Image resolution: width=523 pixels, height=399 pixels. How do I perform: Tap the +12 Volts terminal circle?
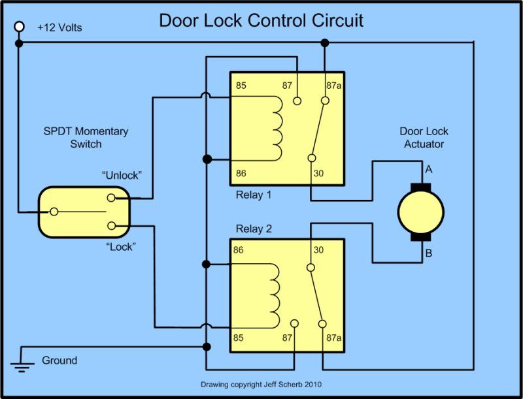pos(20,27)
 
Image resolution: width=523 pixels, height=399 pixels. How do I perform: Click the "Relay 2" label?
pos(253,229)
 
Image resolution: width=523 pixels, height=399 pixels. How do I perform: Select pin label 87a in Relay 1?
pos(334,86)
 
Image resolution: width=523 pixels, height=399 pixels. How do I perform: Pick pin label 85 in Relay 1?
pos(242,86)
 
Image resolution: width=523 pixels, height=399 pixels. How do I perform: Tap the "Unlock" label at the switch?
pos(122,176)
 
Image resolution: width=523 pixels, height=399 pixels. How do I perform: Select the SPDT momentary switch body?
pos(84,212)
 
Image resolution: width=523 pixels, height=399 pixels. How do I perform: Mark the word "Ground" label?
pos(59,360)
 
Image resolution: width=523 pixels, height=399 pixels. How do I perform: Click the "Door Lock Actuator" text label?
pos(423,138)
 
